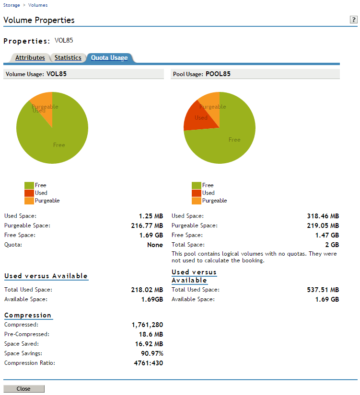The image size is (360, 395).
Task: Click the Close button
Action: coord(23,389)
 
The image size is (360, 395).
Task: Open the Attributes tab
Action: coord(30,58)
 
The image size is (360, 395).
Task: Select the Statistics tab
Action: coord(68,58)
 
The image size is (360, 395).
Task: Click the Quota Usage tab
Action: coord(109,58)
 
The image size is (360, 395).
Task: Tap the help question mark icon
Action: coord(354,20)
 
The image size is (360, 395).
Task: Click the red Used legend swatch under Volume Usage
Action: coord(29,193)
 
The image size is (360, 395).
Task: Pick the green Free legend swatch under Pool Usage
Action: coord(196,185)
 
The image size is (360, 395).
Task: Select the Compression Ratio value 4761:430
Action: coord(149,363)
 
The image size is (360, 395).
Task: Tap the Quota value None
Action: coord(155,245)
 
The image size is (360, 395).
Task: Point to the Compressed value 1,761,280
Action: coord(147,325)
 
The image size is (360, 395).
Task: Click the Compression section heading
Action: coord(28,315)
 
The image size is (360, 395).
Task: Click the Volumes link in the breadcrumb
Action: coord(38,5)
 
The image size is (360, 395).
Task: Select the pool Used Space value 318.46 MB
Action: coord(323,216)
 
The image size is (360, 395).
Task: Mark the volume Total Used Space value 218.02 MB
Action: coord(147,290)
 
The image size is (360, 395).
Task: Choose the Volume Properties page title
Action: coord(39,20)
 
